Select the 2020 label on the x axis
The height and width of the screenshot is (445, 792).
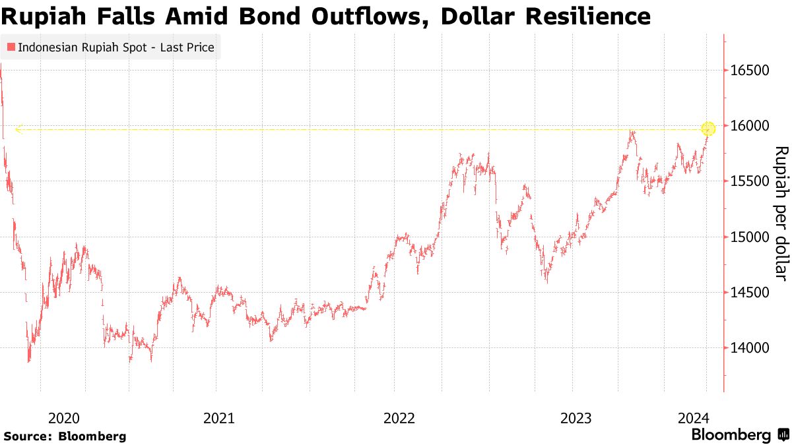64,418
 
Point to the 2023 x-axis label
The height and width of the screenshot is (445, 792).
576,418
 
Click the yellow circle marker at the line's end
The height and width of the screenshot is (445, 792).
708,129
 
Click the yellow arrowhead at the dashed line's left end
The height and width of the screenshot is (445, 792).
18,129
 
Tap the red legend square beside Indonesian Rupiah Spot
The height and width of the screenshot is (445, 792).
11,47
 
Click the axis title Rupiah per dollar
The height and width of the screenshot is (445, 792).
780,212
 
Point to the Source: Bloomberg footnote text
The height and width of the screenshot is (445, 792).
65,436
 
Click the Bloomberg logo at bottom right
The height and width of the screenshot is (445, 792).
739,435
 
